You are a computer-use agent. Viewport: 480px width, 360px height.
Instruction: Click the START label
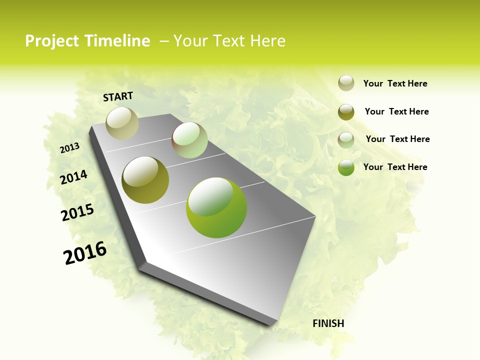[118, 96]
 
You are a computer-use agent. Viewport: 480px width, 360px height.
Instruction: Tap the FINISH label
[328, 323]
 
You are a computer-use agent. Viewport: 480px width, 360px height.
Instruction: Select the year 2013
[69, 148]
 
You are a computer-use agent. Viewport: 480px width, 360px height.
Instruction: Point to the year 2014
[73, 177]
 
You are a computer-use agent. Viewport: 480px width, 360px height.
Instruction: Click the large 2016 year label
[85, 253]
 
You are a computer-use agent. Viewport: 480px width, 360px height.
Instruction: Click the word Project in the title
[52, 41]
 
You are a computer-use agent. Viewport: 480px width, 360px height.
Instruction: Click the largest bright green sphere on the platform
[216, 207]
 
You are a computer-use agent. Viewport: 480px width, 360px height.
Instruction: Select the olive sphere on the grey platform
[145, 180]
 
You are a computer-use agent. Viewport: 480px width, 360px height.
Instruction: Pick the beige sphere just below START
[122, 123]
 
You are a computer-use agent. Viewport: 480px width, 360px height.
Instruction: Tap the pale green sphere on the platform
[189, 140]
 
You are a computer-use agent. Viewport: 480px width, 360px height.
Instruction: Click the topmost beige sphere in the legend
[346, 83]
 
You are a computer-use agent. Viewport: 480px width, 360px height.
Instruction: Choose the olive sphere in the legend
[346, 112]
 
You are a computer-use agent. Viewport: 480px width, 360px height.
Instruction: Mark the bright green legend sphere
[346, 168]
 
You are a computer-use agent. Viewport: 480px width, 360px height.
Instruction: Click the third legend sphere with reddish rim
[346, 140]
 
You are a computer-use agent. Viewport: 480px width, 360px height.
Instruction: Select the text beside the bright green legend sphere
[395, 167]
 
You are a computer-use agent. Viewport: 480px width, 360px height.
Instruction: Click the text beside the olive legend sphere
[396, 111]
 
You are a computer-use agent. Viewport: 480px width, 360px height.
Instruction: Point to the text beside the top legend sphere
[395, 83]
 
